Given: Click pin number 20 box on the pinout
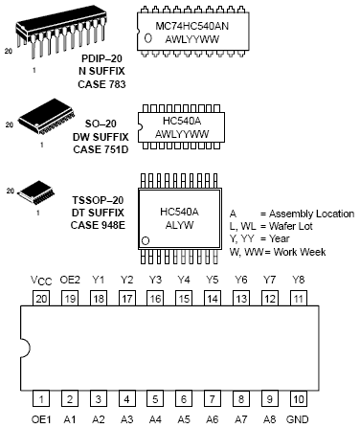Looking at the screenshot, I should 41,299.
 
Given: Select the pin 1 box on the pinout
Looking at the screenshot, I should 41,397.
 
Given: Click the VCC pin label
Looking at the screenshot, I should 40,281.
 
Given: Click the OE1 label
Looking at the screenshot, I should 41,417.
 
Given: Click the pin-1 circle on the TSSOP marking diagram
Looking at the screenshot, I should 146,238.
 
